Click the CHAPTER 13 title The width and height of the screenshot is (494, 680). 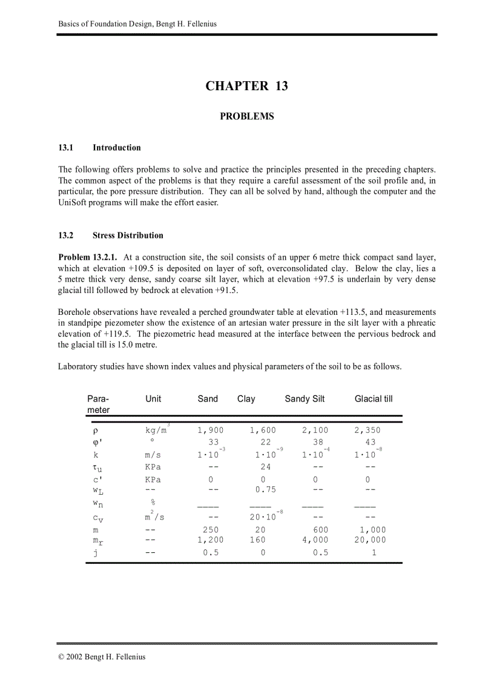[x=246, y=86]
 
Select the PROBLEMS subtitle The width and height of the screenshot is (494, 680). [x=246, y=116]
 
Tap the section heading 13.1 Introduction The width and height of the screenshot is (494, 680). [x=99, y=148]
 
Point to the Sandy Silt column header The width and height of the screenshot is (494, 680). [x=305, y=398]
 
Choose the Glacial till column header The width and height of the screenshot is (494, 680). [x=373, y=398]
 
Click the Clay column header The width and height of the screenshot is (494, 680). [x=246, y=398]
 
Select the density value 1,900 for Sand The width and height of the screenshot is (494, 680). [x=210, y=431]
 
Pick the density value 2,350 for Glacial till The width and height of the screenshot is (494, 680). [x=367, y=431]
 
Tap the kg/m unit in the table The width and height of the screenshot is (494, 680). [x=156, y=431]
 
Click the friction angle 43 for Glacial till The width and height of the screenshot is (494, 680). [x=370, y=443]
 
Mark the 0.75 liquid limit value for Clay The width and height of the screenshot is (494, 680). [x=265, y=490]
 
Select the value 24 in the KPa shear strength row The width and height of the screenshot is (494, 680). [x=265, y=467]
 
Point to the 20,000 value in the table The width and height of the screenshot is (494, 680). [x=370, y=540]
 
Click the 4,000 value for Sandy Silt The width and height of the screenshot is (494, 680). [x=315, y=540]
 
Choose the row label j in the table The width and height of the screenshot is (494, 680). [x=95, y=552]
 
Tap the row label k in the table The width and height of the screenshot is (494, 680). [x=96, y=455]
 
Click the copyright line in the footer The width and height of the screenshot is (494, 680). [x=102, y=656]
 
